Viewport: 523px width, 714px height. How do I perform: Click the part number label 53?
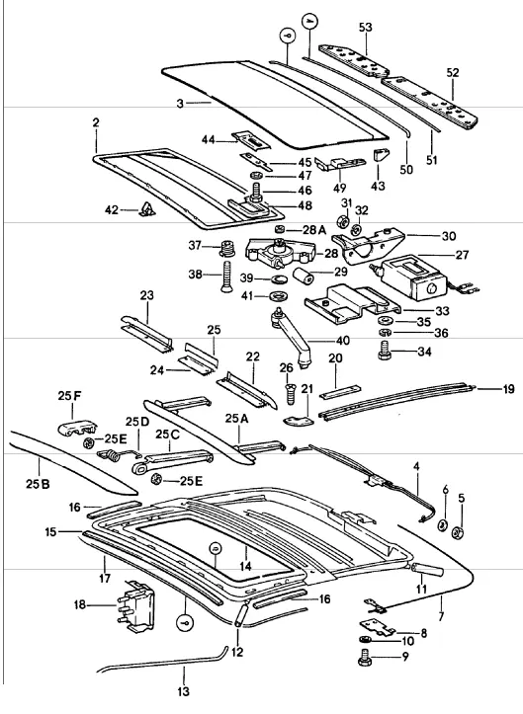point(365,28)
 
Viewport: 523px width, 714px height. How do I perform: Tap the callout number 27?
point(462,255)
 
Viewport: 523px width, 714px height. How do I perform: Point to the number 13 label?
point(183,691)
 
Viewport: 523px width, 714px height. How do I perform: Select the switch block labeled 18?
point(135,606)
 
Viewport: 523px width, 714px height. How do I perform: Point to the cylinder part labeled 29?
point(303,276)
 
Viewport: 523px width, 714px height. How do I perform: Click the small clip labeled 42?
point(147,209)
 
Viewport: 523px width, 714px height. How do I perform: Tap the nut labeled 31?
point(342,222)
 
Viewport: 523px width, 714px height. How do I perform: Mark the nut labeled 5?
point(458,531)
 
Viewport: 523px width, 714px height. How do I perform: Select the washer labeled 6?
point(442,525)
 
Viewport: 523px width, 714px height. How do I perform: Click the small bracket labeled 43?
point(381,154)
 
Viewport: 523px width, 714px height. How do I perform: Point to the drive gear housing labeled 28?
point(281,254)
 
